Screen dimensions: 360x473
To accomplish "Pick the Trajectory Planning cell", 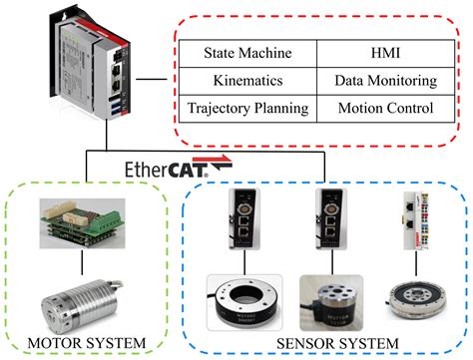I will (246, 107).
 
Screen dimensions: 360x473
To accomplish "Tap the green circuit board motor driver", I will (86, 221).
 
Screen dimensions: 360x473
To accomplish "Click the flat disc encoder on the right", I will (413, 297).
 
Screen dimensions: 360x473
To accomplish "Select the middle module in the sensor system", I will (329, 221).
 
